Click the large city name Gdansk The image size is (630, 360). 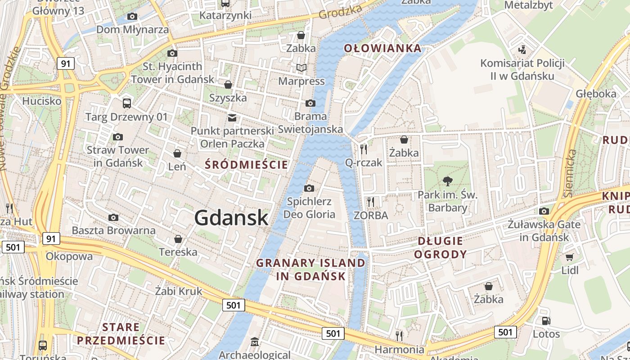click(231, 218)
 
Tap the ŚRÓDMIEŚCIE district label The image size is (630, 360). click(246, 165)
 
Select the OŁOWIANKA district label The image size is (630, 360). click(383, 48)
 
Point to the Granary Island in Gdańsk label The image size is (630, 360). click(311, 269)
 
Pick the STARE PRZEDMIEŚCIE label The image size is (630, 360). click(121, 333)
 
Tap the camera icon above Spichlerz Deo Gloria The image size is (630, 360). click(309, 188)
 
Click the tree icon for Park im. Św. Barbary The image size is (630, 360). click(447, 181)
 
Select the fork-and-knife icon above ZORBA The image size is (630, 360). click(371, 202)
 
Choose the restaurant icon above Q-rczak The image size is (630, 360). click(364, 149)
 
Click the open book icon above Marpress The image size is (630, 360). click(301, 68)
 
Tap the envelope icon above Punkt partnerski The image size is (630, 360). click(232, 118)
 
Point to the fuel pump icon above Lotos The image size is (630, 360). click(546, 321)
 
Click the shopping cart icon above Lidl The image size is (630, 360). click(570, 257)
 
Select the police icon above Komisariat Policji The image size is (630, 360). click(522, 49)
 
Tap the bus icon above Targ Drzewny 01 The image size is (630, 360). click(127, 103)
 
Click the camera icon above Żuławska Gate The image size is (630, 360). click(544, 211)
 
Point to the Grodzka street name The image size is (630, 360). click(340, 12)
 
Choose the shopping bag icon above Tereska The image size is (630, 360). click(178, 238)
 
